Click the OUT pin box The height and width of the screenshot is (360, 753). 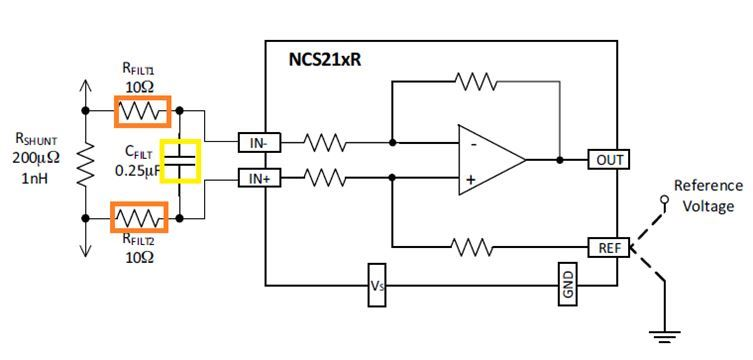[x=609, y=159]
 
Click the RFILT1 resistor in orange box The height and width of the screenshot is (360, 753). [x=142, y=111]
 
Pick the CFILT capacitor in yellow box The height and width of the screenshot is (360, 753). [x=181, y=162]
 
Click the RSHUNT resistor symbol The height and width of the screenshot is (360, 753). [x=85, y=163]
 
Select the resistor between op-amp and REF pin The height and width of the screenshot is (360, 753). [x=474, y=246]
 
